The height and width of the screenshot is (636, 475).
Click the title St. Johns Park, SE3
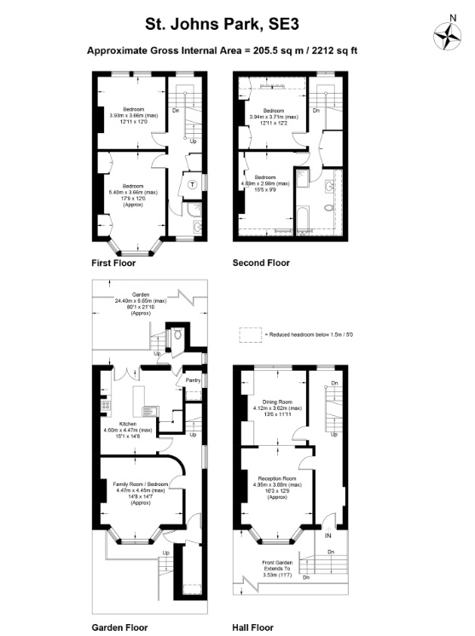(222, 20)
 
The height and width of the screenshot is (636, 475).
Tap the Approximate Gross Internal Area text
(222, 50)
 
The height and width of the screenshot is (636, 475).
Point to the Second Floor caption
(261, 263)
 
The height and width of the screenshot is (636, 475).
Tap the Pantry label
(193, 380)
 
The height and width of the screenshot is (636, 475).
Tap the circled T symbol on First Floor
(193, 183)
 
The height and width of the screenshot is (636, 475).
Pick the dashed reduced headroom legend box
(250, 336)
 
